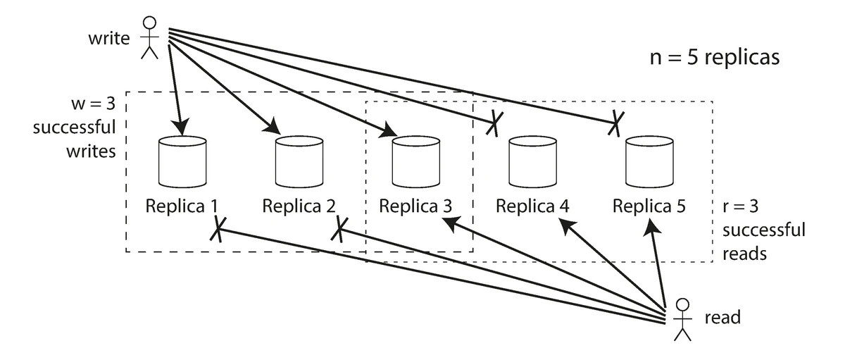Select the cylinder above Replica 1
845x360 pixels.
click(182, 162)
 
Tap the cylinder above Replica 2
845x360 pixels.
click(299, 162)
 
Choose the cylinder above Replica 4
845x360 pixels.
click(533, 162)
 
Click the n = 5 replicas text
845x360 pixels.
click(714, 57)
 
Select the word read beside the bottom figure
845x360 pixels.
click(722, 318)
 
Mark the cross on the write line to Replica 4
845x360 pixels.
click(495, 125)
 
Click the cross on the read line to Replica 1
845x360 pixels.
click(220, 228)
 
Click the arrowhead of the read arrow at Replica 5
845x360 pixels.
click(651, 227)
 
